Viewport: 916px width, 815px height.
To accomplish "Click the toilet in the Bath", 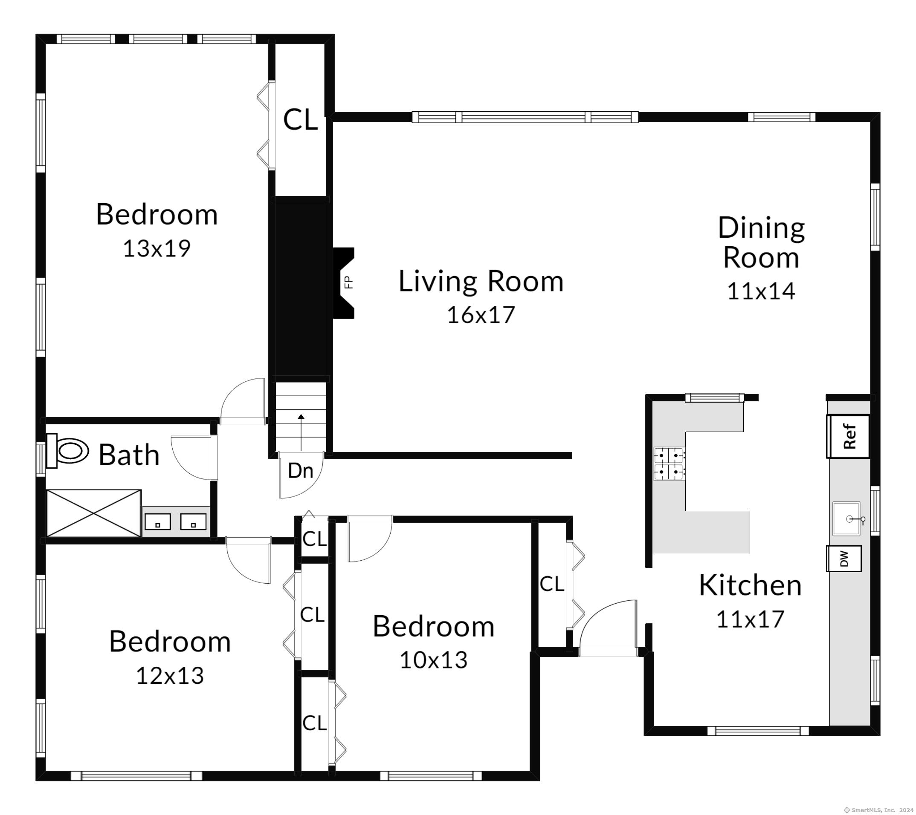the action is click(67, 450).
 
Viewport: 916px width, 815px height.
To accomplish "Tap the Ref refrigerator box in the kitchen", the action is click(848, 436).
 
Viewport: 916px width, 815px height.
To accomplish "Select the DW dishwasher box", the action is click(844, 559).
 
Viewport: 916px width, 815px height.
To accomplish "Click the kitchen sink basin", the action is click(846, 518).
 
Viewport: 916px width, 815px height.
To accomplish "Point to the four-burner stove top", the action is click(669, 464).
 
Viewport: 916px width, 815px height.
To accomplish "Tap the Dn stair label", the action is click(300, 471).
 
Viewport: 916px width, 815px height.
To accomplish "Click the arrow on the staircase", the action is click(301, 432).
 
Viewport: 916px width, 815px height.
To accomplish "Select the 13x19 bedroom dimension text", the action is click(157, 248).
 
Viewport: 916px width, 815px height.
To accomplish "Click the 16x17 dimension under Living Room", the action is click(481, 314).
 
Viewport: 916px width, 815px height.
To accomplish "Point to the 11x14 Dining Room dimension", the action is click(761, 291).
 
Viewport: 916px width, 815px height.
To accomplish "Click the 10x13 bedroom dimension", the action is click(433, 659).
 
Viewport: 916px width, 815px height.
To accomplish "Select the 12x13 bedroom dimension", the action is click(170, 675).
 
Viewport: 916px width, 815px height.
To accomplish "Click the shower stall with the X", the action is click(94, 513).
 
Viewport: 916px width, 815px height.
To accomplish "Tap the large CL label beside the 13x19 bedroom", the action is click(300, 120).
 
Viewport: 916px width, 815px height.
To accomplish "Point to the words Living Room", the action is click(481, 281).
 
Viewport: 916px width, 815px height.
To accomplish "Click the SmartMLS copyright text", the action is click(879, 810).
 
